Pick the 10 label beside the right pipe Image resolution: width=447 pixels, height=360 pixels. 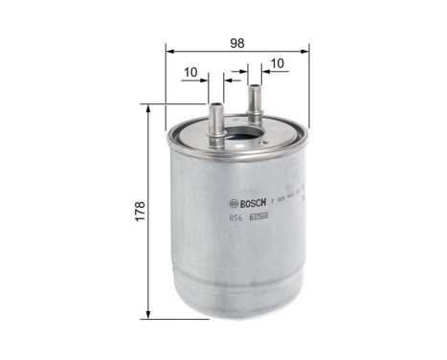tap(278, 64)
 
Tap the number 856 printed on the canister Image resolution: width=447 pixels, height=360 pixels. tap(236, 219)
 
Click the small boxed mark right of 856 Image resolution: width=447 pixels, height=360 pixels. tap(257, 219)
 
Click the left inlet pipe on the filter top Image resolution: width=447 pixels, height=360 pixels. tap(217, 115)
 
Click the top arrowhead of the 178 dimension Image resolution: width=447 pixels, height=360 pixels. tap(148, 108)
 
